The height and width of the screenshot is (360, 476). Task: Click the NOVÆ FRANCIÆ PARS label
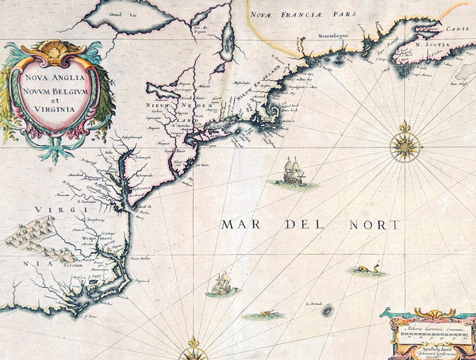[302, 13]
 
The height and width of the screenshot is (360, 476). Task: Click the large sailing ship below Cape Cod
[292, 171]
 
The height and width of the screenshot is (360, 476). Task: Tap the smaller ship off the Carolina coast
[221, 283]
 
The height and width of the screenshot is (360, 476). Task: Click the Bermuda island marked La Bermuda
[326, 312]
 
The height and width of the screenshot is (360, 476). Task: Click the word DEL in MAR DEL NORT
[311, 225]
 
